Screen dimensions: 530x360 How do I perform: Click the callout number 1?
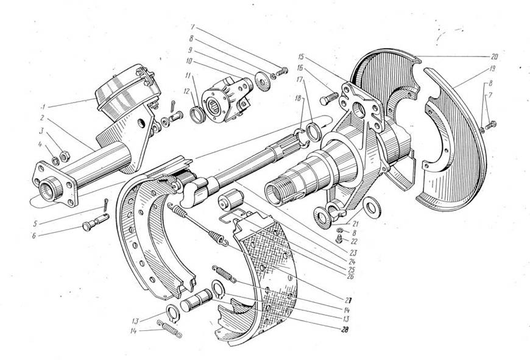tap(43, 107)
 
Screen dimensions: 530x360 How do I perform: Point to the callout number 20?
tap(494, 57)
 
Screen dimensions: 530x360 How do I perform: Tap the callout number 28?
tap(345, 330)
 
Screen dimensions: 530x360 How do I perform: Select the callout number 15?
tap(301, 56)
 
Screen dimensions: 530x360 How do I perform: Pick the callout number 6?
tap(34, 236)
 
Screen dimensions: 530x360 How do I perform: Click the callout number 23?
tap(353, 253)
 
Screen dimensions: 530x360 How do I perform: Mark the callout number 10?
tap(189, 62)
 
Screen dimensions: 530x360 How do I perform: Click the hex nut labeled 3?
tap(65, 156)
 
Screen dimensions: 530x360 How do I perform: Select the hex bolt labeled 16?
tap(329, 98)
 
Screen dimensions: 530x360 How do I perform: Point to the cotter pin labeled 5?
tap(106, 204)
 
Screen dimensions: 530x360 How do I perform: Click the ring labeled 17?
tap(314, 132)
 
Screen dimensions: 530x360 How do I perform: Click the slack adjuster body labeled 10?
tap(227, 100)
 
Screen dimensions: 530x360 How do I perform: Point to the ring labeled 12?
tap(198, 115)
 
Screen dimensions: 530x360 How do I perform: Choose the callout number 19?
tap(492, 69)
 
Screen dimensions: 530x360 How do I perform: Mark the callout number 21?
tap(355, 224)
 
